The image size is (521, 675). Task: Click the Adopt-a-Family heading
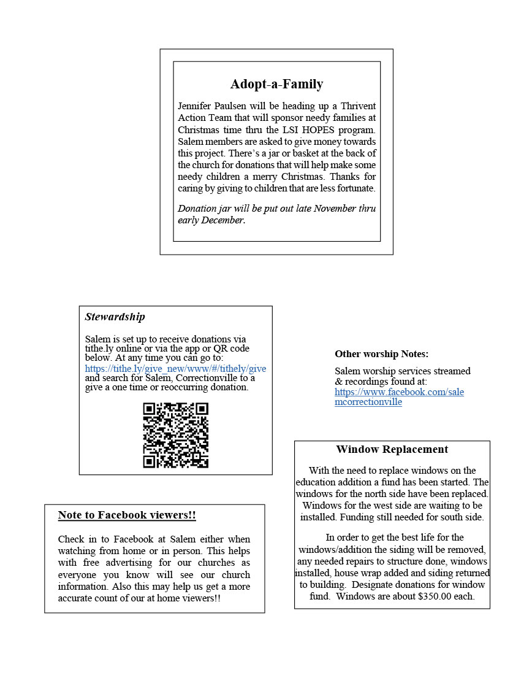coord(276,84)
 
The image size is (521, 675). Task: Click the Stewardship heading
coord(115,317)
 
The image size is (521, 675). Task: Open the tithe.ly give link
coord(175,368)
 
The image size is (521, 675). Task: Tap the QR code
coord(176,434)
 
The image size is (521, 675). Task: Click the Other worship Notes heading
coord(381,354)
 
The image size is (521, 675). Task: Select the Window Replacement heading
coord(392,449)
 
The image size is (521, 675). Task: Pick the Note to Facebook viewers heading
coord(127,515)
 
